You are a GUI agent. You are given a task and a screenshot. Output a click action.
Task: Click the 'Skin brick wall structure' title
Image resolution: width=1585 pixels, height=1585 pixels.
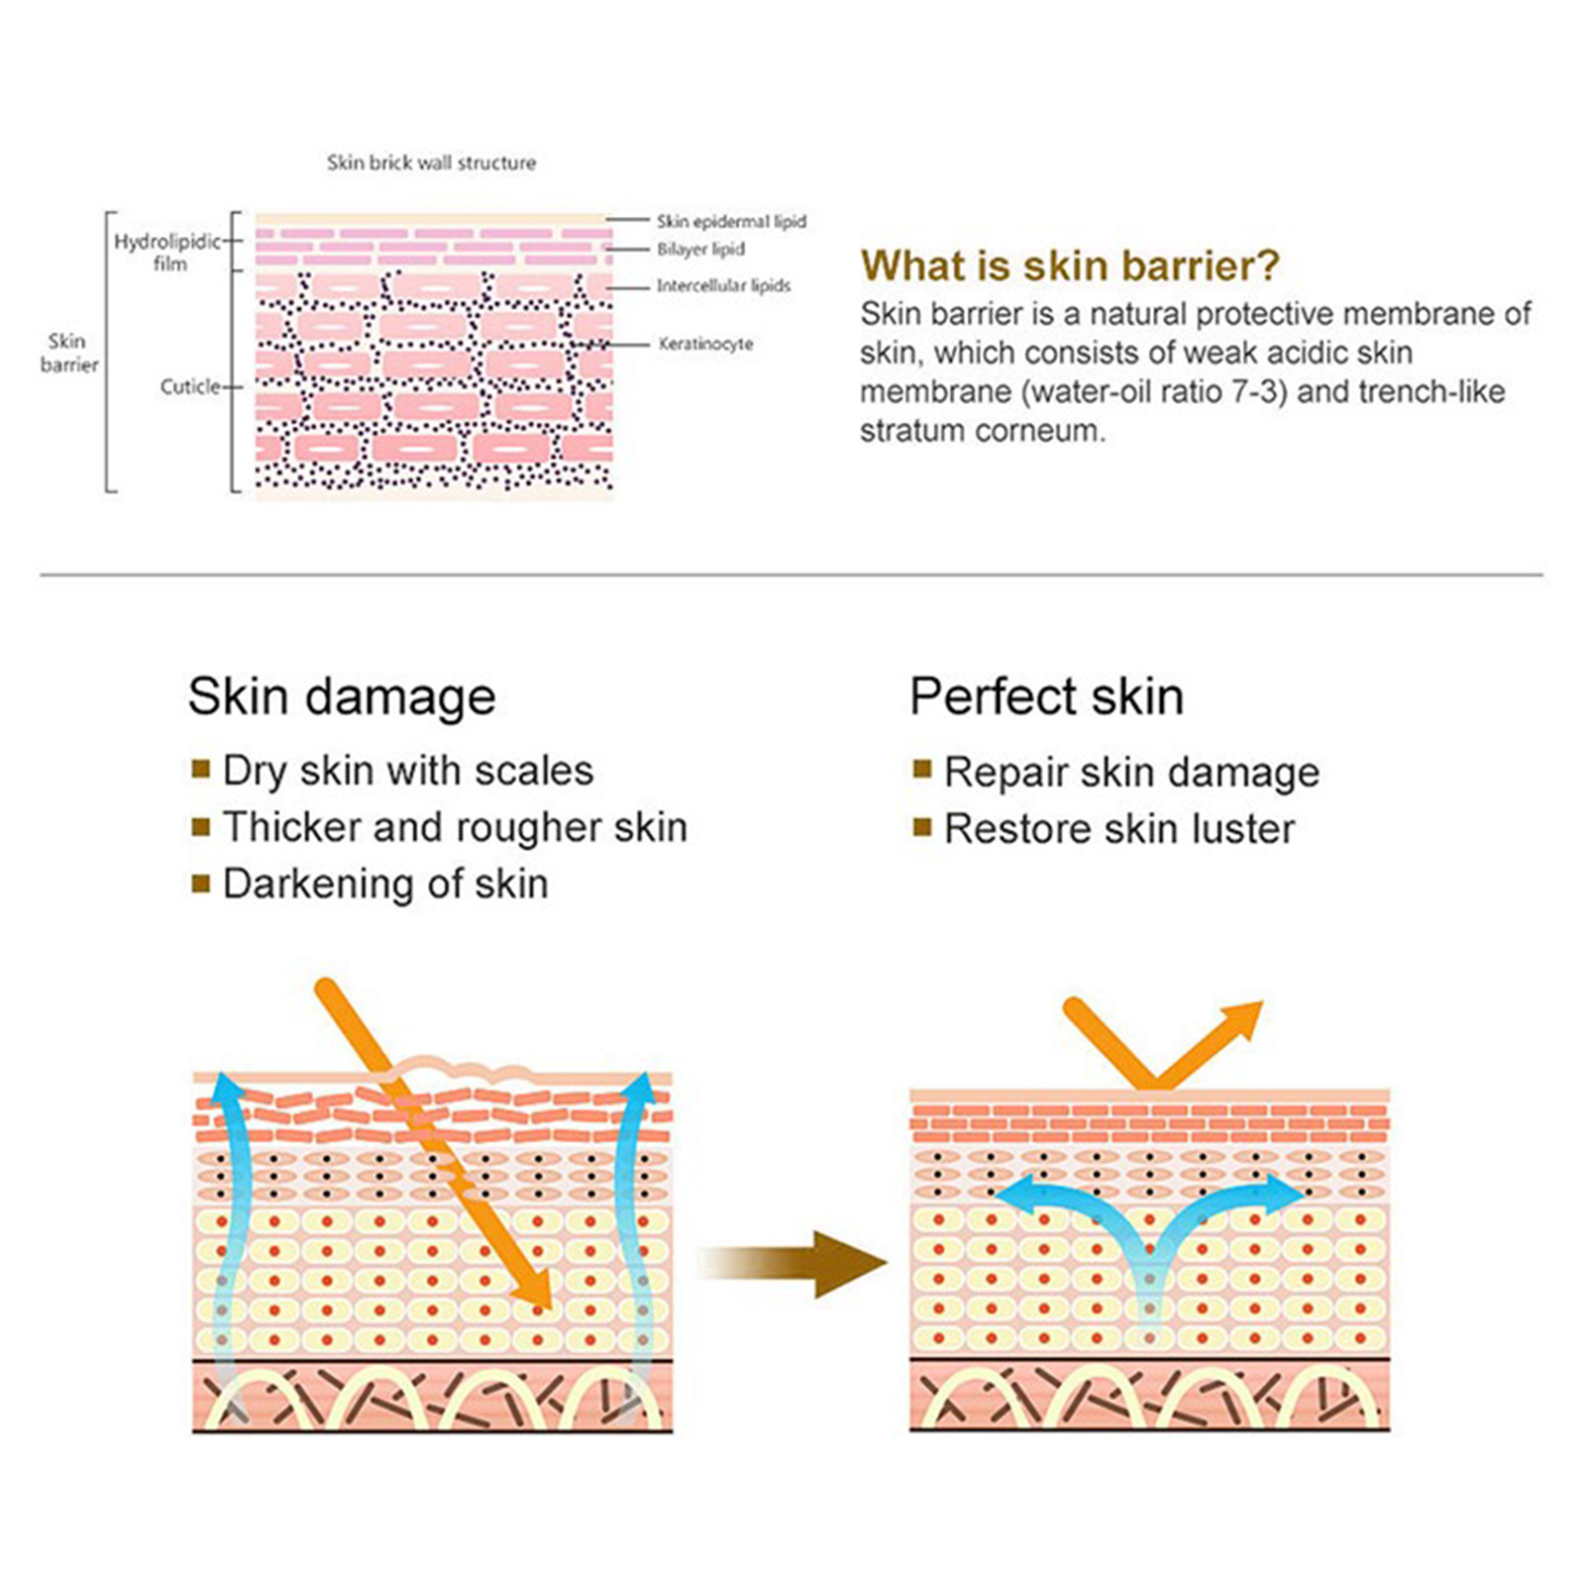pos(431,162)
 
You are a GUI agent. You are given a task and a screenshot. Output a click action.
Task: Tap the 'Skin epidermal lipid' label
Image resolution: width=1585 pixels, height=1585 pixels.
pos(731,221)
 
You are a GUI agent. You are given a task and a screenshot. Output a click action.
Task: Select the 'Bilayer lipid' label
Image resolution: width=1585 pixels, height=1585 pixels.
pos(700,249)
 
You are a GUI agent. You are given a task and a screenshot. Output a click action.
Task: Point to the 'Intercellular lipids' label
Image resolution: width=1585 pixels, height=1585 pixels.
pos(723,285)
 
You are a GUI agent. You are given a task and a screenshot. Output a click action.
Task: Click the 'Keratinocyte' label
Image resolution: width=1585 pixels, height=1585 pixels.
pos(705,344)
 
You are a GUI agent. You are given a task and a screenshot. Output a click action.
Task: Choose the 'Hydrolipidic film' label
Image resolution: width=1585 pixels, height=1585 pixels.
pos(167,253)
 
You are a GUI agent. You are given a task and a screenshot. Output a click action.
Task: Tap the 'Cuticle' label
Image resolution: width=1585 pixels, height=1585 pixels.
pos(189,386)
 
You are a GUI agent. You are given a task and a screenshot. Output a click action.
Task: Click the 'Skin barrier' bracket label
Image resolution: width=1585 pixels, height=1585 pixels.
pos(68,353)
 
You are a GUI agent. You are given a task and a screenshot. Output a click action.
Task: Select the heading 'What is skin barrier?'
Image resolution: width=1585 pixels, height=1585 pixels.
pos(1070,265)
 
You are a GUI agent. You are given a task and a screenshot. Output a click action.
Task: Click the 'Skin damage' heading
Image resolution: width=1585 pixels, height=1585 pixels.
pos(342,695)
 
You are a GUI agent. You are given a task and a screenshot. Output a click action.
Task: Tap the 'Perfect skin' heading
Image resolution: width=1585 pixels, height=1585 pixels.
pos(1046,695)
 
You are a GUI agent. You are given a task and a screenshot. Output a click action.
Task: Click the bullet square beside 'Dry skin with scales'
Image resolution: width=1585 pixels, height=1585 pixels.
pos(201,769)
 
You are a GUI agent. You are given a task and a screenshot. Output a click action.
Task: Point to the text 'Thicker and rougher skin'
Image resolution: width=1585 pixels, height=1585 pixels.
pos(455,827)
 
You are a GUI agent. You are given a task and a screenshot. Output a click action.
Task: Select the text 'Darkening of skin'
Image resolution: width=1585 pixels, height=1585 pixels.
pos(385,884)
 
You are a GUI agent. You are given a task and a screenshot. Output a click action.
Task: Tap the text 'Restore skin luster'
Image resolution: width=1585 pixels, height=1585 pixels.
pos(1119,829)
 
